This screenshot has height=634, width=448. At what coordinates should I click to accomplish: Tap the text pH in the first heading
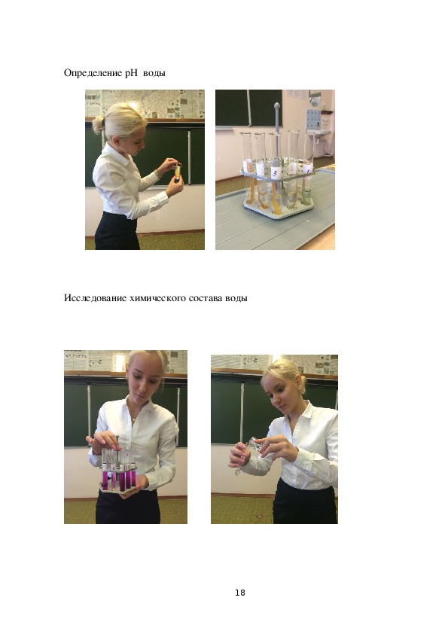pos(132,73)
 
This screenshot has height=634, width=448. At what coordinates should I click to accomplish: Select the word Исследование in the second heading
pos(95,298)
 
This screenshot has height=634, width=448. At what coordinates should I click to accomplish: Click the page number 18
pos(239,593)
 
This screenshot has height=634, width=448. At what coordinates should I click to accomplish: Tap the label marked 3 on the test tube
pos(276,172)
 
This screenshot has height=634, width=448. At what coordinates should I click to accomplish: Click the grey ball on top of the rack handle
pos(277,106)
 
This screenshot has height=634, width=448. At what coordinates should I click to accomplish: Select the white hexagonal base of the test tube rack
pos(279,211)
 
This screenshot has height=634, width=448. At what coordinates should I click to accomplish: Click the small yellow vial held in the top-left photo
pos(178,172)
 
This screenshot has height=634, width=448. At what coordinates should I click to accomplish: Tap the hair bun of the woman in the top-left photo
pos(98,124)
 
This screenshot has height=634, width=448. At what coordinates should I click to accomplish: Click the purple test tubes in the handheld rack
pos(118,480)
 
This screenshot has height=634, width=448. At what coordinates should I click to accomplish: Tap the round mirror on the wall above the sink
pos(315,97)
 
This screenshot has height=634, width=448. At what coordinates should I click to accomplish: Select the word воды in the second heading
pos(236,298)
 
